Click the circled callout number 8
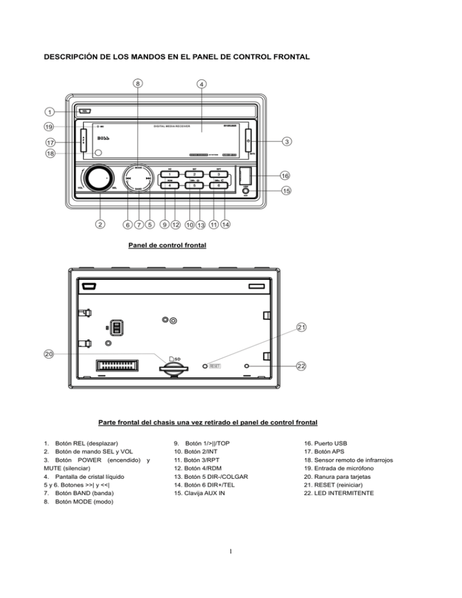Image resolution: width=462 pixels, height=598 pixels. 138,84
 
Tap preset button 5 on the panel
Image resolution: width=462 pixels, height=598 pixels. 194,185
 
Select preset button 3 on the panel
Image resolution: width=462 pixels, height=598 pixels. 219,174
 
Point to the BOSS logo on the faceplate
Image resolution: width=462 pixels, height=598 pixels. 88,139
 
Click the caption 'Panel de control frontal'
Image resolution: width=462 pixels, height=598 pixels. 167,245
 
